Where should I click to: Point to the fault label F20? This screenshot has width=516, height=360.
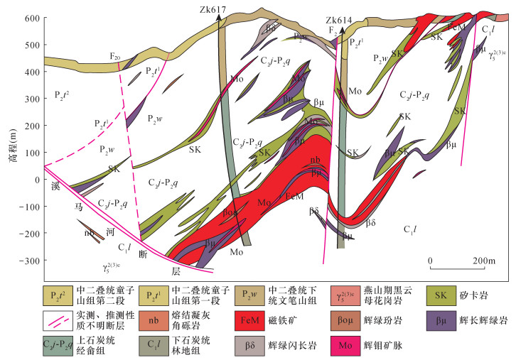114,54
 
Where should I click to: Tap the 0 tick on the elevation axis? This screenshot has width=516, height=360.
36,180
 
